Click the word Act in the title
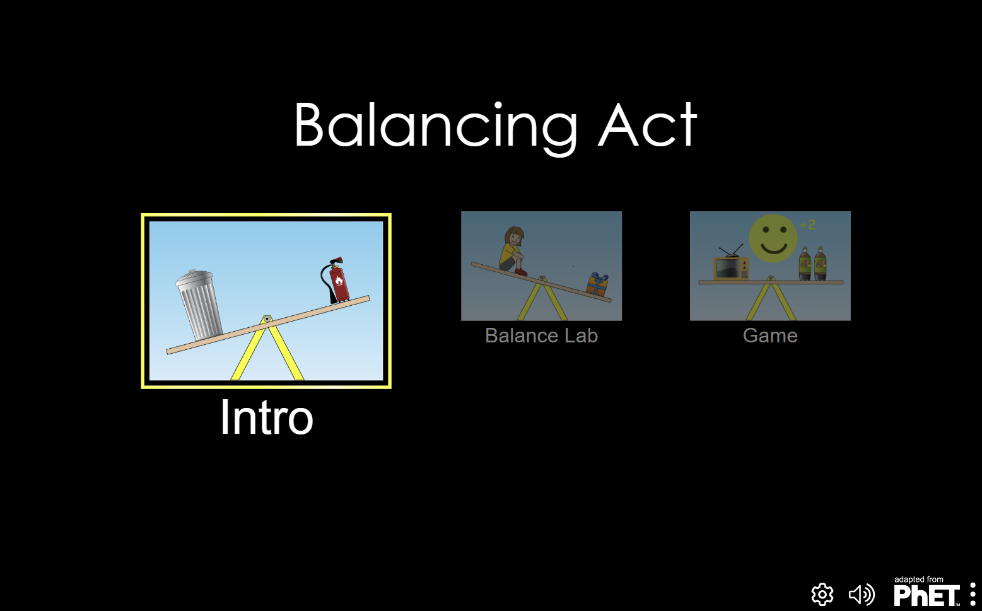point(647,125)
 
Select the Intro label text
point(267,417)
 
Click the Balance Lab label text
point(541,335)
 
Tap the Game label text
point(770,335)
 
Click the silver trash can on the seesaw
point(199,305)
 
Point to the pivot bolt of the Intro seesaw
point(267,318)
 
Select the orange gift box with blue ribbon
point(597,284)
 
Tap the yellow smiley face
point(773,238)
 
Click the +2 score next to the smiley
point(808,225)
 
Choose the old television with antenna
point(731,264)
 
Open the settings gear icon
point(822,595)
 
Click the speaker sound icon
point(862,595)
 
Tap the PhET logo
point(926,596)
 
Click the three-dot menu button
point(973,595)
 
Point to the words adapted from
point(918,579)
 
